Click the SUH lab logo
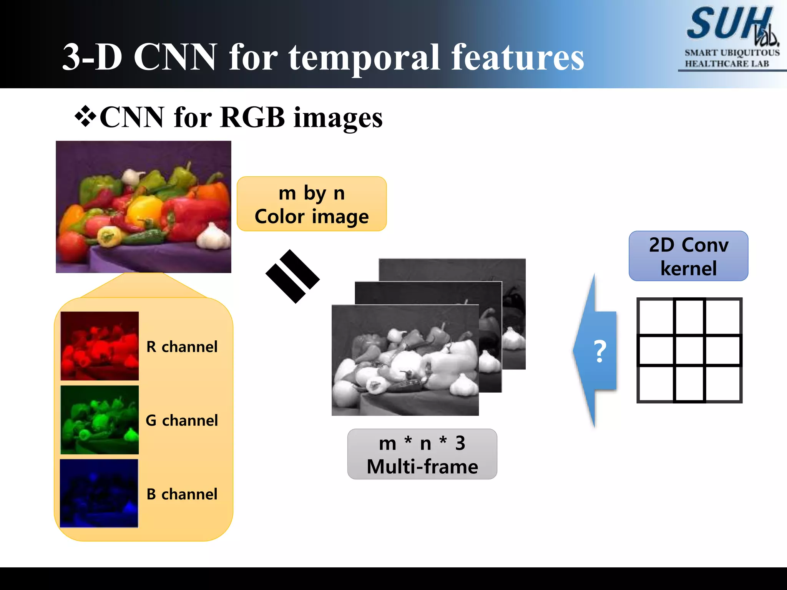732,25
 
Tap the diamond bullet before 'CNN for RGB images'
85,118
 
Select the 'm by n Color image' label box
312,204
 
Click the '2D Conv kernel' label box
688,256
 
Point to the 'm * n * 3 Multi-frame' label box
422,454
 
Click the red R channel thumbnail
100,346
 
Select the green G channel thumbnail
100,420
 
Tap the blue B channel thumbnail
99,493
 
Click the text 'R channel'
182,347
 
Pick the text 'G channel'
182,421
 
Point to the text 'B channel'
182,494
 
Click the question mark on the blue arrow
600,351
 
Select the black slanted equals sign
292,277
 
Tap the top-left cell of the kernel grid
656,317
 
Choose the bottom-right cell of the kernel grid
723,384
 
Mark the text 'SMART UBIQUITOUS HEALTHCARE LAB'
732,58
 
